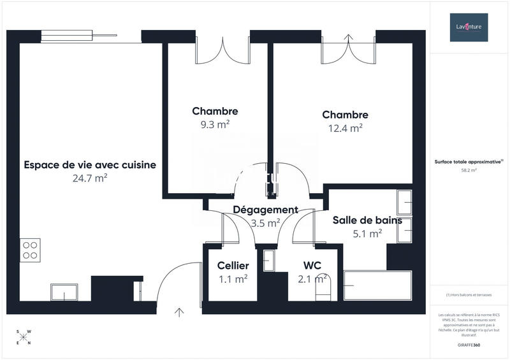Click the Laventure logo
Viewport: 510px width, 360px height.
pyautogui.click(x=469, y=27)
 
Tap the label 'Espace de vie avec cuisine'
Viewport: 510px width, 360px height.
pyautogui.click(x=90, y=165)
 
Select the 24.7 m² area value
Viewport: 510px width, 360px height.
pyautogui.click(x=90, y=178)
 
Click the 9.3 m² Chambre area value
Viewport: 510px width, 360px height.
pyautogui.click(x=215, y=125)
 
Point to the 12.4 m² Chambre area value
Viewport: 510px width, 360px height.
pyautogui.click(x=345, y=128)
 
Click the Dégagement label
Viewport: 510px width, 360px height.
pyautogui.click(x=265, y=210)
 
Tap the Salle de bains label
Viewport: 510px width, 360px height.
pyautogui.click(x=367, y=220)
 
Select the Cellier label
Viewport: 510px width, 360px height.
pyautogui.click(x=233, y=265)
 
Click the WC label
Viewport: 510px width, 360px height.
pyautogui.click(x=312, y=265)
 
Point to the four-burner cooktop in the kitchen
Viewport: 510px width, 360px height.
pyautogui.click(x=30, y=249)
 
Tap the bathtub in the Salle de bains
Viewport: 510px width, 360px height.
pyautogui.click(x=377, y=285)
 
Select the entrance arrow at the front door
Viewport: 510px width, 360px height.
pyautogui.click(x=179, y=312)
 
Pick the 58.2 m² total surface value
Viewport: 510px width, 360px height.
pyautogui.click(x=469, y=171)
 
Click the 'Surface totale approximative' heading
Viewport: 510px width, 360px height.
pyautogui.click(x=469, y=162)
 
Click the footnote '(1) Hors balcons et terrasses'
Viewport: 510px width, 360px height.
pyautogui.click(x=469, y=295)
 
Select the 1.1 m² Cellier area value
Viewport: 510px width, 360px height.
pyautogui.click(x=233, y=278)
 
